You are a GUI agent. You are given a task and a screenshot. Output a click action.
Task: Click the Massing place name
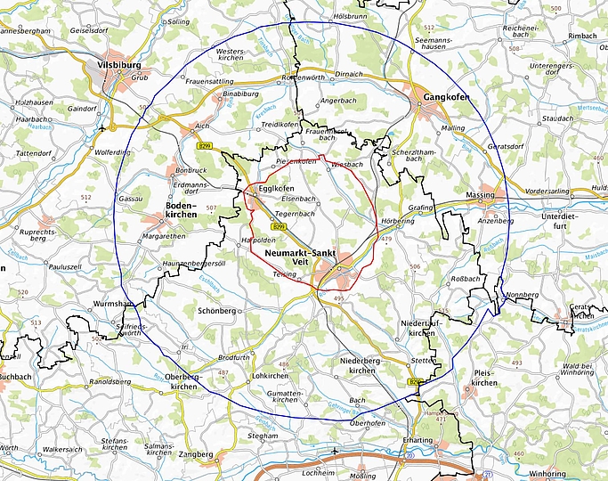(x=480, y=194)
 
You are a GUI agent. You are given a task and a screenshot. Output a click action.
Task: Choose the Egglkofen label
(x=276, y=189)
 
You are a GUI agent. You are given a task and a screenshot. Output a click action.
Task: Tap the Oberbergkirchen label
(x=184, y=381)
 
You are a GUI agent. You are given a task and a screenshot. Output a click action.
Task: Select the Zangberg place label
(x=197, y=453)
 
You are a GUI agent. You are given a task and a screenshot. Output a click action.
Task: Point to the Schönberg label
(x=216, y=310)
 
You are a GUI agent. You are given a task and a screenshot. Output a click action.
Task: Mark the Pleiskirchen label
(x=484, y=378)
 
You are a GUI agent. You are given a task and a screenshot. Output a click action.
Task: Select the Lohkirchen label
(x=272, y=375)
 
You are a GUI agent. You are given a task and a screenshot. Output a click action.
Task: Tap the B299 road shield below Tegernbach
(x=279, y=227)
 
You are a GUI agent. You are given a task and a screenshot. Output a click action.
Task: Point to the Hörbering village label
(x=397, y=220)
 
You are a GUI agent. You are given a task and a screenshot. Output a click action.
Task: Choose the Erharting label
(x=418, y=440)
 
